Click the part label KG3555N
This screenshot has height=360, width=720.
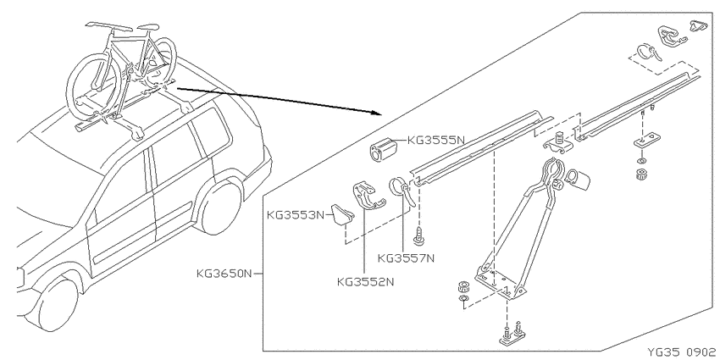coord(436,140)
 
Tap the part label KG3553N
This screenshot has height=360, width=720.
coord(296,214)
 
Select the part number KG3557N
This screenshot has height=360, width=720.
coord(406,258)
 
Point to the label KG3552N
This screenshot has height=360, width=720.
coord(366,281)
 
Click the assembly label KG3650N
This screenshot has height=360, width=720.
coord(224,274)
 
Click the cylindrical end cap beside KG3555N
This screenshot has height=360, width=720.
coord(385,149)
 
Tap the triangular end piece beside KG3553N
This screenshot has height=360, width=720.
coord(343,215)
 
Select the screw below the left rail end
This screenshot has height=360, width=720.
coord(418,236)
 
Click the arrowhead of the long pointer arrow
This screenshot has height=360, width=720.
coord(378,113)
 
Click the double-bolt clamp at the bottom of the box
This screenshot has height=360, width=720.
coord(512,335)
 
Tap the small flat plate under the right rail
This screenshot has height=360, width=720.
coord(647,140)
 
